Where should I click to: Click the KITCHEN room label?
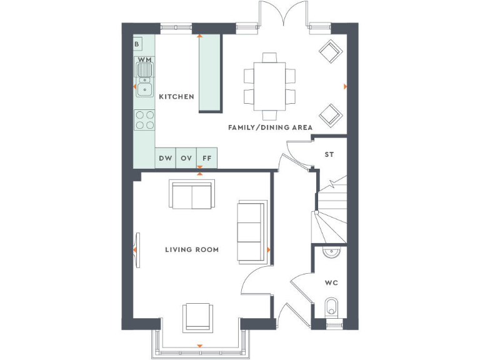coord(176,97)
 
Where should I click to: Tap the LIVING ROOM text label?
coord(192,250)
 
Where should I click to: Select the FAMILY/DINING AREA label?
coord(270,127)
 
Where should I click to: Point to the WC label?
coord(331,282)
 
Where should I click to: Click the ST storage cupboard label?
coord(329,154)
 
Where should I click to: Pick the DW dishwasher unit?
coord(165,158)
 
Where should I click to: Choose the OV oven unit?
coord(186,158)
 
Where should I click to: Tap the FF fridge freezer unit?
coord(207,158)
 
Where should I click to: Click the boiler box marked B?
coord(137,44)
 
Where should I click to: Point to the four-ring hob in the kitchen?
coord(145,119)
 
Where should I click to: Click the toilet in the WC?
coord(332,308)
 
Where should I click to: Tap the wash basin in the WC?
coord(331,251)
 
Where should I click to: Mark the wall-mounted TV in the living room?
coord(139,250)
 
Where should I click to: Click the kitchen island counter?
coord(210,74)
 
